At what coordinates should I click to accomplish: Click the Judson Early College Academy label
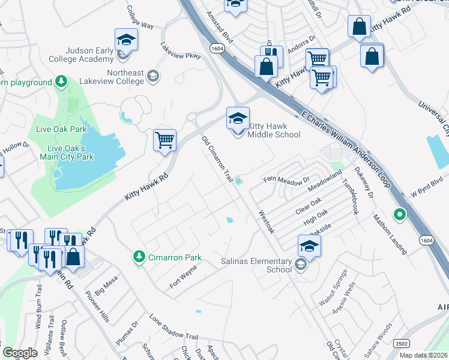75,55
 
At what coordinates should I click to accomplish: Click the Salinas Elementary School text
256,265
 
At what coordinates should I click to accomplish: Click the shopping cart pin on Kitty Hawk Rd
164,140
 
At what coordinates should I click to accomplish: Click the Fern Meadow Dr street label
286,179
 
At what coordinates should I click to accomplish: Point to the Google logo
20,353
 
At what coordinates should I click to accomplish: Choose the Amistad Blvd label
219,23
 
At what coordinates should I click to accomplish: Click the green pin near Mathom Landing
398,214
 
